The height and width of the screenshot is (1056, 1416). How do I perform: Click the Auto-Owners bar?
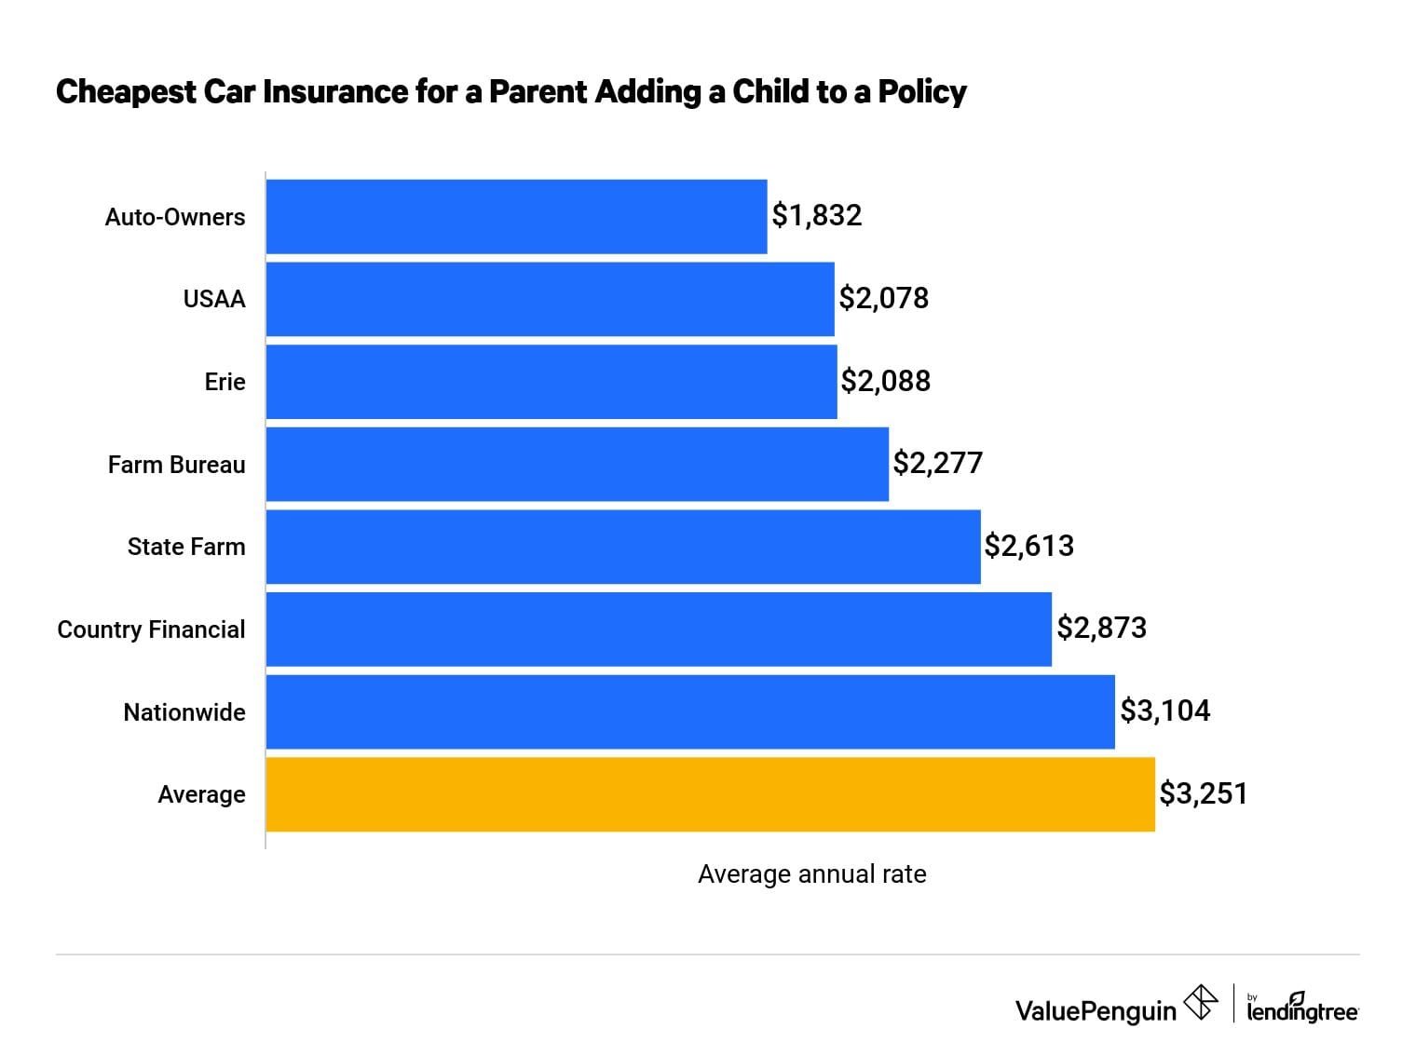tap(516, 216)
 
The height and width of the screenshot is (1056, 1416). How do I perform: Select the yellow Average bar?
tap(710, 794)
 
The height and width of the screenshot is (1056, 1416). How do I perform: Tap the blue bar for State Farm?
tap(622, 547)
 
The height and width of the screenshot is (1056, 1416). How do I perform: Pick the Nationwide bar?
tap(689, 711)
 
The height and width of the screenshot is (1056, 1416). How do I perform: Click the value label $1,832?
tap(816, 216)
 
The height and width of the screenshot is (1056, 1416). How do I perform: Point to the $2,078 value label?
tap(883, 298)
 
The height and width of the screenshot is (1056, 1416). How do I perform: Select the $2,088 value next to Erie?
tap(885, 381)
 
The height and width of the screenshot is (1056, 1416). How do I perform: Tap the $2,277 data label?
tap(937, 463)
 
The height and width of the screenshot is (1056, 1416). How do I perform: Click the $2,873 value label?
tap(1101, 629)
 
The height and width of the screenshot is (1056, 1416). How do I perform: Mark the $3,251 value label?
tap(1203, 794)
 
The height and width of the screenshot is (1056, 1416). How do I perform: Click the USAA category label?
tap(214, 299)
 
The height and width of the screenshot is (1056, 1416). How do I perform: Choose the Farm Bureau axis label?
tap(176, 465)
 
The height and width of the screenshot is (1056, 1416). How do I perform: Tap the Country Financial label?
tap(151, 630)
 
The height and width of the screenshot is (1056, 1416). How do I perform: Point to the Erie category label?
tap(225, 382)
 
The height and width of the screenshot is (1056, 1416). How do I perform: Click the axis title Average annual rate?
tap(811, 874)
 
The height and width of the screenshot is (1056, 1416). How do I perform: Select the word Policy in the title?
tap(922, 92)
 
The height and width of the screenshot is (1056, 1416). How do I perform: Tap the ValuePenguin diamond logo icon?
tap(1200, 1003)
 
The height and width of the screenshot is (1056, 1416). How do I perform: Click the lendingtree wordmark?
tap(1301, 1009)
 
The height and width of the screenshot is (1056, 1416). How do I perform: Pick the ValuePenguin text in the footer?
tap(1096, 1010)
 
